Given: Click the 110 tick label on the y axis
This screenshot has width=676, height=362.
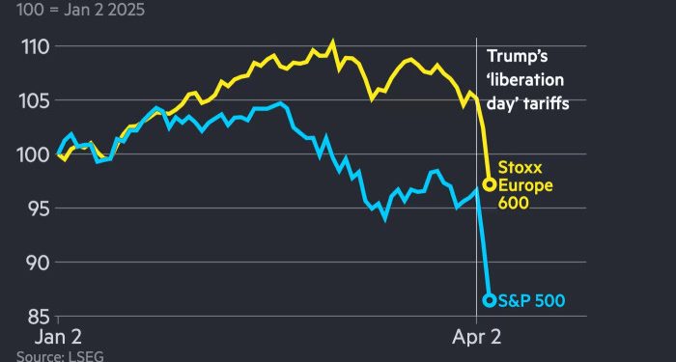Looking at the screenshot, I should [x=37, y=46].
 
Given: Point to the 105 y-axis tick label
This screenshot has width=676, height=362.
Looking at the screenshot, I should [x=37, y=100].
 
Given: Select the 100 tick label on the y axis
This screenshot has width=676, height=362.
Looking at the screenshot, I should [x=37, y=154].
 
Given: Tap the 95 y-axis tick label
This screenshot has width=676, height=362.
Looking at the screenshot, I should [x=39, y=208].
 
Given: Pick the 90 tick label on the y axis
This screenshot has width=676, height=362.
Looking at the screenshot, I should [x=39, y=262].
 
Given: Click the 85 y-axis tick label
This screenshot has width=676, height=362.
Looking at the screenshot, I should [x=39, y=316].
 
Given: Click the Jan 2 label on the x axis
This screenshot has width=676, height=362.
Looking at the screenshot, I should [x=59, y=339].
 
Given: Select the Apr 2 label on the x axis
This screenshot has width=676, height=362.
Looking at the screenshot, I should [x=478, y=339].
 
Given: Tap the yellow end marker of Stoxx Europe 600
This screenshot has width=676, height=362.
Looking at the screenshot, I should [x=489, y=184].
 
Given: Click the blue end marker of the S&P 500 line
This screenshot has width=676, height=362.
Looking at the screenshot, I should [x=489, y=300].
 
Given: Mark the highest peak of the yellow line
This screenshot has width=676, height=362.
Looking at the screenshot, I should [x=333, y=42].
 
